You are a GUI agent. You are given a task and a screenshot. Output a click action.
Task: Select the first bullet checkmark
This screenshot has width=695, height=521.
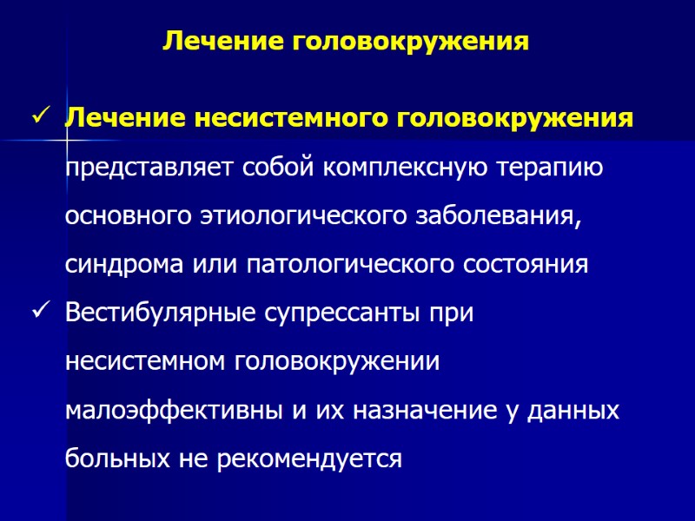click(39, 115)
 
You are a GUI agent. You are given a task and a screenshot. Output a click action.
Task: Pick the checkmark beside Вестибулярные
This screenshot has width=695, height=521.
click(39, 312)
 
